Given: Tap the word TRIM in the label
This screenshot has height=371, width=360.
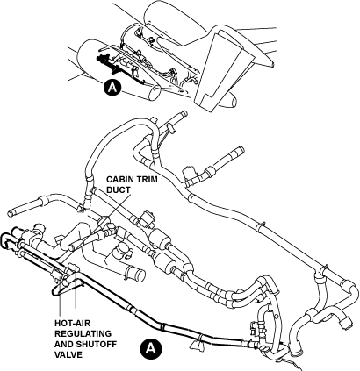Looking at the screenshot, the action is click(x=147, y=179).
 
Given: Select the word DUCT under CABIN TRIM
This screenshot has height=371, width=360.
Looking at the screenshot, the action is click(x=119, y=189).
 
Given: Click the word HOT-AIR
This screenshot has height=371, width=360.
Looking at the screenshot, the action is click(x=72, y=324).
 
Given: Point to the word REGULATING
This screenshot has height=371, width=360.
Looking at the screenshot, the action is click(x=83, y=333).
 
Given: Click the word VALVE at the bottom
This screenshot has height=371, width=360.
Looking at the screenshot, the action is click(x=68, y=354).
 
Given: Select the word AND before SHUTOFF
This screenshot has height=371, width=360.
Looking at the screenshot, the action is click(x=64, y=344).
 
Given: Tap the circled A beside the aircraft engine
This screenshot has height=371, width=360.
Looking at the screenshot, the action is click(x=112, y=87).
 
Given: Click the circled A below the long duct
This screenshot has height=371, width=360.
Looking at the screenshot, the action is click(x=150, y=348).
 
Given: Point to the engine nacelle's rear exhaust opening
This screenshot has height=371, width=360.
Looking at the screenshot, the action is click(x=155, y=93).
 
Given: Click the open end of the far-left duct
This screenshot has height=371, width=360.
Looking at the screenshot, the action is click(x=11, y=213).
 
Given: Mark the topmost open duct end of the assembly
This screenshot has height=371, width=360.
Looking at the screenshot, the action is click(x=184, y=113).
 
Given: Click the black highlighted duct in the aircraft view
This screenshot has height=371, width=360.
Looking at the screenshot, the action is click(x=109, y=62).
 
